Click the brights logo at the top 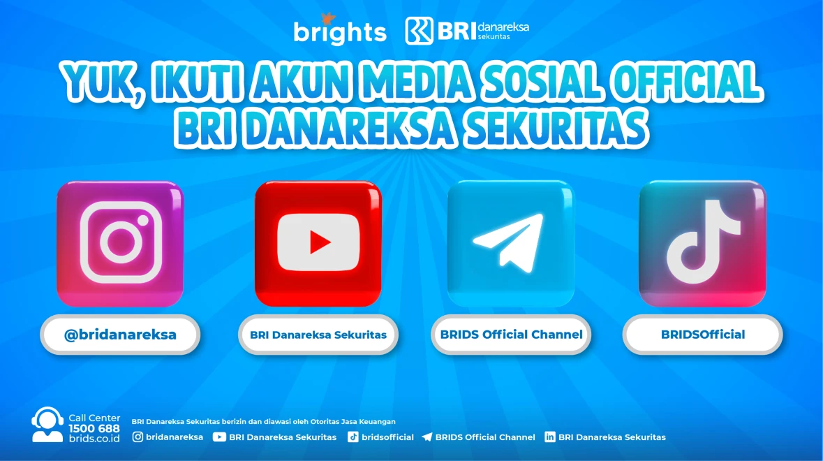339,30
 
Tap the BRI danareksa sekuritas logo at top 467,30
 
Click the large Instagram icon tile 120,243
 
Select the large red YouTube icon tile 318,243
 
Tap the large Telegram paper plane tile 510,243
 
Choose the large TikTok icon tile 702,243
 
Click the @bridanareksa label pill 120,335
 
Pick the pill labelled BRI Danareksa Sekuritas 318,335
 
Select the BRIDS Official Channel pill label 511,335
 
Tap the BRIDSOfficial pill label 703,335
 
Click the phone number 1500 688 94,428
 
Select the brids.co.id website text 94,438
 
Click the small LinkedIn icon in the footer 550,437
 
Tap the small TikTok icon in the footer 353,437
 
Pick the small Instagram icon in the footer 138,437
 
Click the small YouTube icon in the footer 219,437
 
